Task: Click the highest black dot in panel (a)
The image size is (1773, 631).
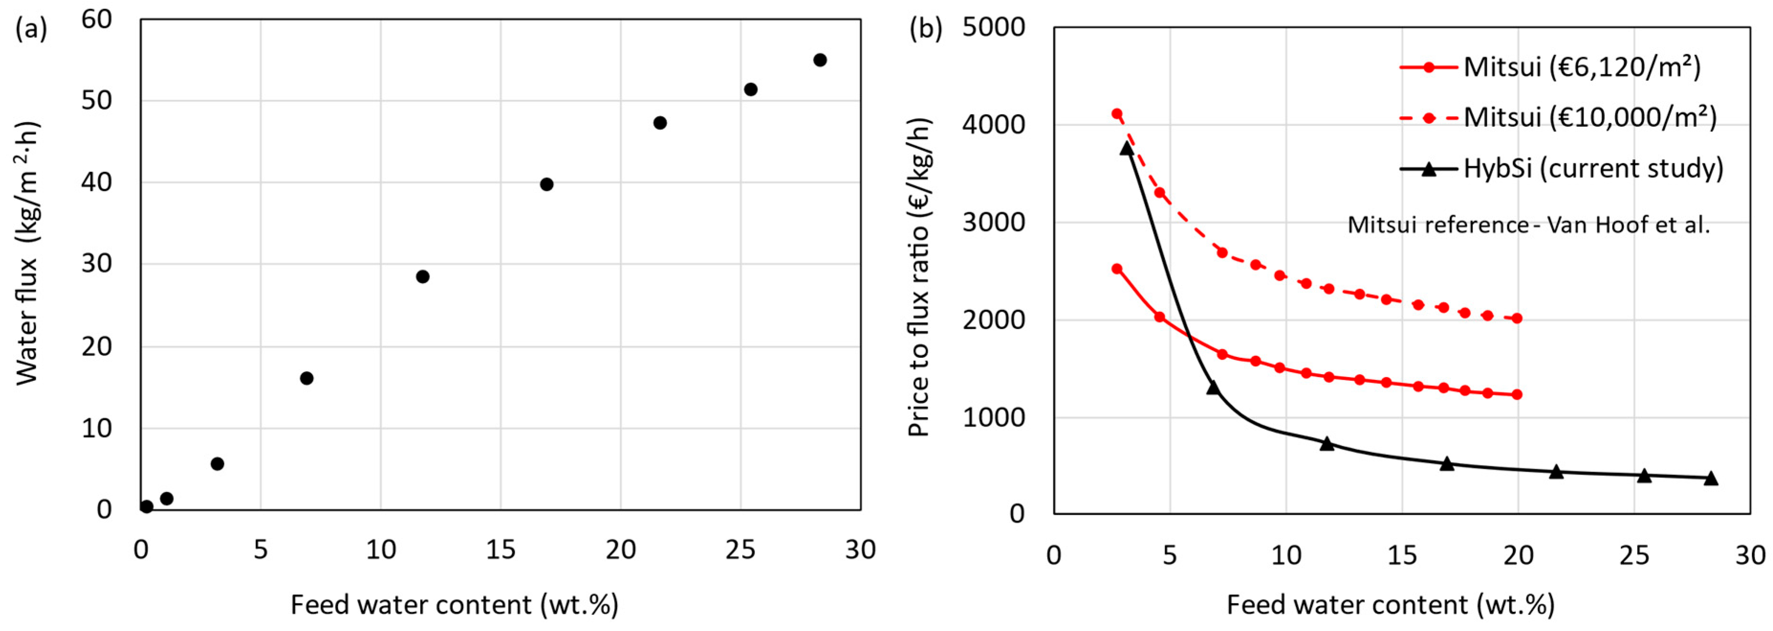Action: click(x=820, y=60)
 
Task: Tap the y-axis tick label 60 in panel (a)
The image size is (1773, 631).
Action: click(x=97, y=19)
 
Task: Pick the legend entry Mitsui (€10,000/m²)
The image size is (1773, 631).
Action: click(x=1590, y=118)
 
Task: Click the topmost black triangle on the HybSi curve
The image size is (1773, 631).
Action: click(x=1127, y=147)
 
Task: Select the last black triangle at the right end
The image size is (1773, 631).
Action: click(x=1710, y=478)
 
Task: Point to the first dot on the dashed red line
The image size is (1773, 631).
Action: click(x=1117, y=114)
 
